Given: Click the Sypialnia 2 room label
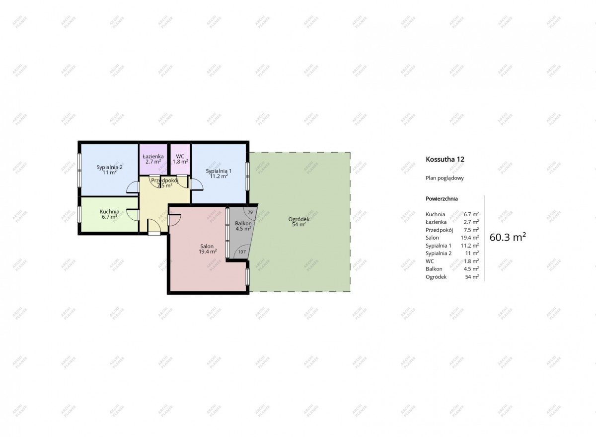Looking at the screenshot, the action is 109,167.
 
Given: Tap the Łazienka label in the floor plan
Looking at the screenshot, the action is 153,156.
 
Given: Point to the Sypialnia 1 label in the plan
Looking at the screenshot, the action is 219,171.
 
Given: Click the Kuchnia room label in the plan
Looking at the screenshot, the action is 109,212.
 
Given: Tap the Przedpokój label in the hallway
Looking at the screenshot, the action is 165,180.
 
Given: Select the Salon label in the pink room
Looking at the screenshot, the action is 207,246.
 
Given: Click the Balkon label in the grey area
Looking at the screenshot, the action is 243,223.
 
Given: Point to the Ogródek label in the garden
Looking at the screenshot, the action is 299,219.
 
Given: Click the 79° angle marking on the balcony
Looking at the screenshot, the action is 250,212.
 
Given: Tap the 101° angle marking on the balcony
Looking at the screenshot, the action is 242,252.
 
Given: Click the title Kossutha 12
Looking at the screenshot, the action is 445,159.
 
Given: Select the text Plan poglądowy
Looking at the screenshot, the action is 445,178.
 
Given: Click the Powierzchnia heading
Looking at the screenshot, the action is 442,199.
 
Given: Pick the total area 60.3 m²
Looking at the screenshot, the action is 508,237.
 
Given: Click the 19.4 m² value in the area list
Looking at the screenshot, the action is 470,238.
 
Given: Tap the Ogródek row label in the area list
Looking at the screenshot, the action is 436,277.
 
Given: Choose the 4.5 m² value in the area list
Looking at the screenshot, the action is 471,269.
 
